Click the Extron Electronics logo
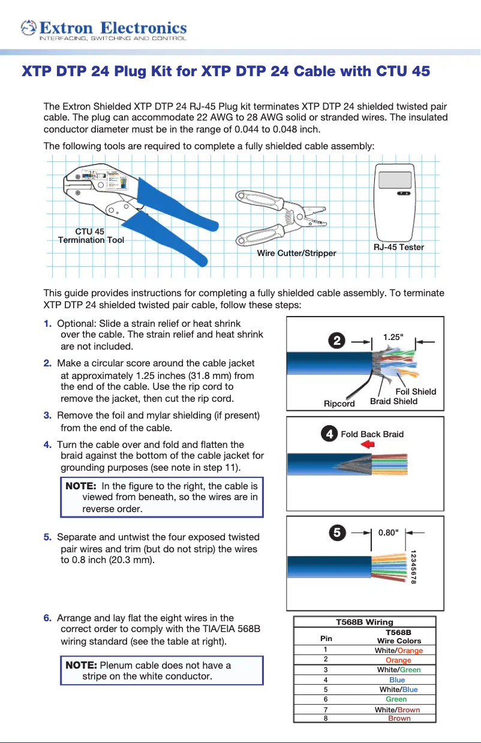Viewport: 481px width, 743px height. click(x=103, y=29)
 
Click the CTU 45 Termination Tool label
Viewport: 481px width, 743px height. click(x=91, y=236)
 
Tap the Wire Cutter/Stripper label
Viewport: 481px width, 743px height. click(x=296, y=253)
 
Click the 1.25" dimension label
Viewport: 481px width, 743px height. click(x=393, y=338)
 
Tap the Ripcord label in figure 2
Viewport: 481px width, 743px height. click(x=339, y=404)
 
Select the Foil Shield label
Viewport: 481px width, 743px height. click(x=416, y=392)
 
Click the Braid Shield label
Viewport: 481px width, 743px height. click(x=393, y=401)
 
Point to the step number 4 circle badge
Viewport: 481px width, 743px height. click(x=329, y=434)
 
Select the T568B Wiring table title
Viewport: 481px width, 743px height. click(x=365, y=622)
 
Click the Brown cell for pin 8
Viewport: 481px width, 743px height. click(x=399, y=718)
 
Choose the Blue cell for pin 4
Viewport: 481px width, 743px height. click(x=397, y=679)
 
